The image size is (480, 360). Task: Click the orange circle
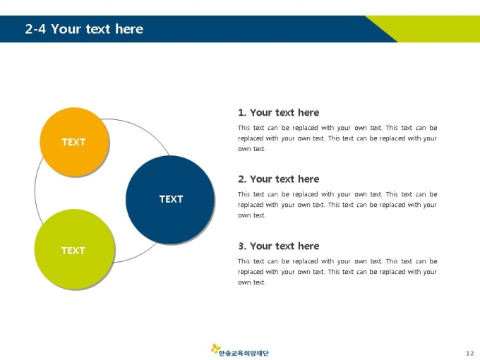coord(74,142)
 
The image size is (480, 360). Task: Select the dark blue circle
coord(170,199)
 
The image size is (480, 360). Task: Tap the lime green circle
coord(74,249)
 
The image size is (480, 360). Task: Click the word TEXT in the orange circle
coord(74,142)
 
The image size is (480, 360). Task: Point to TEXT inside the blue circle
coord(171,199)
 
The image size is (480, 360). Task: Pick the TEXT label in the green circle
coord(73,251)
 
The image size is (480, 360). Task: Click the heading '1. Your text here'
coord(279,112)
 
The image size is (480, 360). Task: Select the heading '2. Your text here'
coord(279,179)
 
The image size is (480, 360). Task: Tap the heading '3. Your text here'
coord(279,246)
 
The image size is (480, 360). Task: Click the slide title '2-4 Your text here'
coord(84,29)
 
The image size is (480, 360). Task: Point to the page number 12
coord(470,353)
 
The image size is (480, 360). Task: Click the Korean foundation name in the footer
coord(244,353)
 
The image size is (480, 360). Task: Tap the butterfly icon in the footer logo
coord(215,349)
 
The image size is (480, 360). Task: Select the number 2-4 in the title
coord(35,29)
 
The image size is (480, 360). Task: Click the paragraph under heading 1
coord(337,138)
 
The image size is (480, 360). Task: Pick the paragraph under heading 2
coord(337,205)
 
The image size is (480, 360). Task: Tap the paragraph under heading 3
coord(337,272)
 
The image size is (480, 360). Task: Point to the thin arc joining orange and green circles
coord(35,191)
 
